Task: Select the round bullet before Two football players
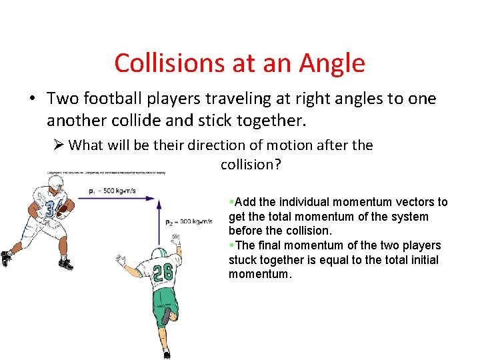[x=31, y=99]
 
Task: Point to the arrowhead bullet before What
[x=58, y=145]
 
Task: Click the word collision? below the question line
[x=251, y=165]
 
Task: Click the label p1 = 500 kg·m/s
[x=112, y=191]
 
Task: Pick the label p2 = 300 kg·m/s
[x=189, y=221]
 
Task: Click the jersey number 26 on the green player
[x=163, y=273]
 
